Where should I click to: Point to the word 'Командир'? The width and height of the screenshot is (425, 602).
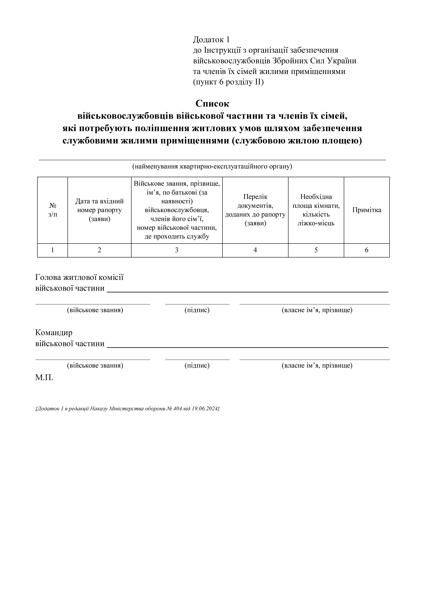(x=54, y=332)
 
